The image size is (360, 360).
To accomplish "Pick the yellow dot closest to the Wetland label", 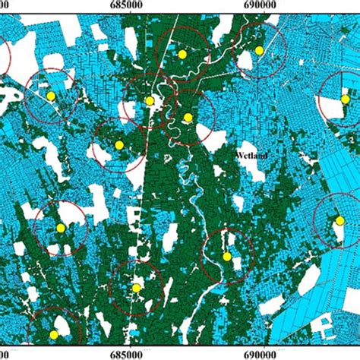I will coord(188,117).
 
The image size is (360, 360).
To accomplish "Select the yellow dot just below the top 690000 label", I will coord(259,50).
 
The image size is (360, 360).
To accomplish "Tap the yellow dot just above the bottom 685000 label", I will coord(136,288).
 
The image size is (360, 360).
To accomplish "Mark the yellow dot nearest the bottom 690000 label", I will coord(227,257).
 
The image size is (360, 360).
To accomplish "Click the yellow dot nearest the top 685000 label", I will coord(182,55).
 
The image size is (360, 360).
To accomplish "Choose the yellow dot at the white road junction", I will coord(150,100).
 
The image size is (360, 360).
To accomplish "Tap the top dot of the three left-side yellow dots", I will coord(51,96).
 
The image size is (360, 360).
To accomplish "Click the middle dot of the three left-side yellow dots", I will coord(61,228).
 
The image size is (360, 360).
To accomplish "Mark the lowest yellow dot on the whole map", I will coord(54,334).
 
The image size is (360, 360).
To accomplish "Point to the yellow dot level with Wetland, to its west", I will coord(119,145).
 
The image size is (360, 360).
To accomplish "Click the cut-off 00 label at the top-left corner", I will coord(5,6).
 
